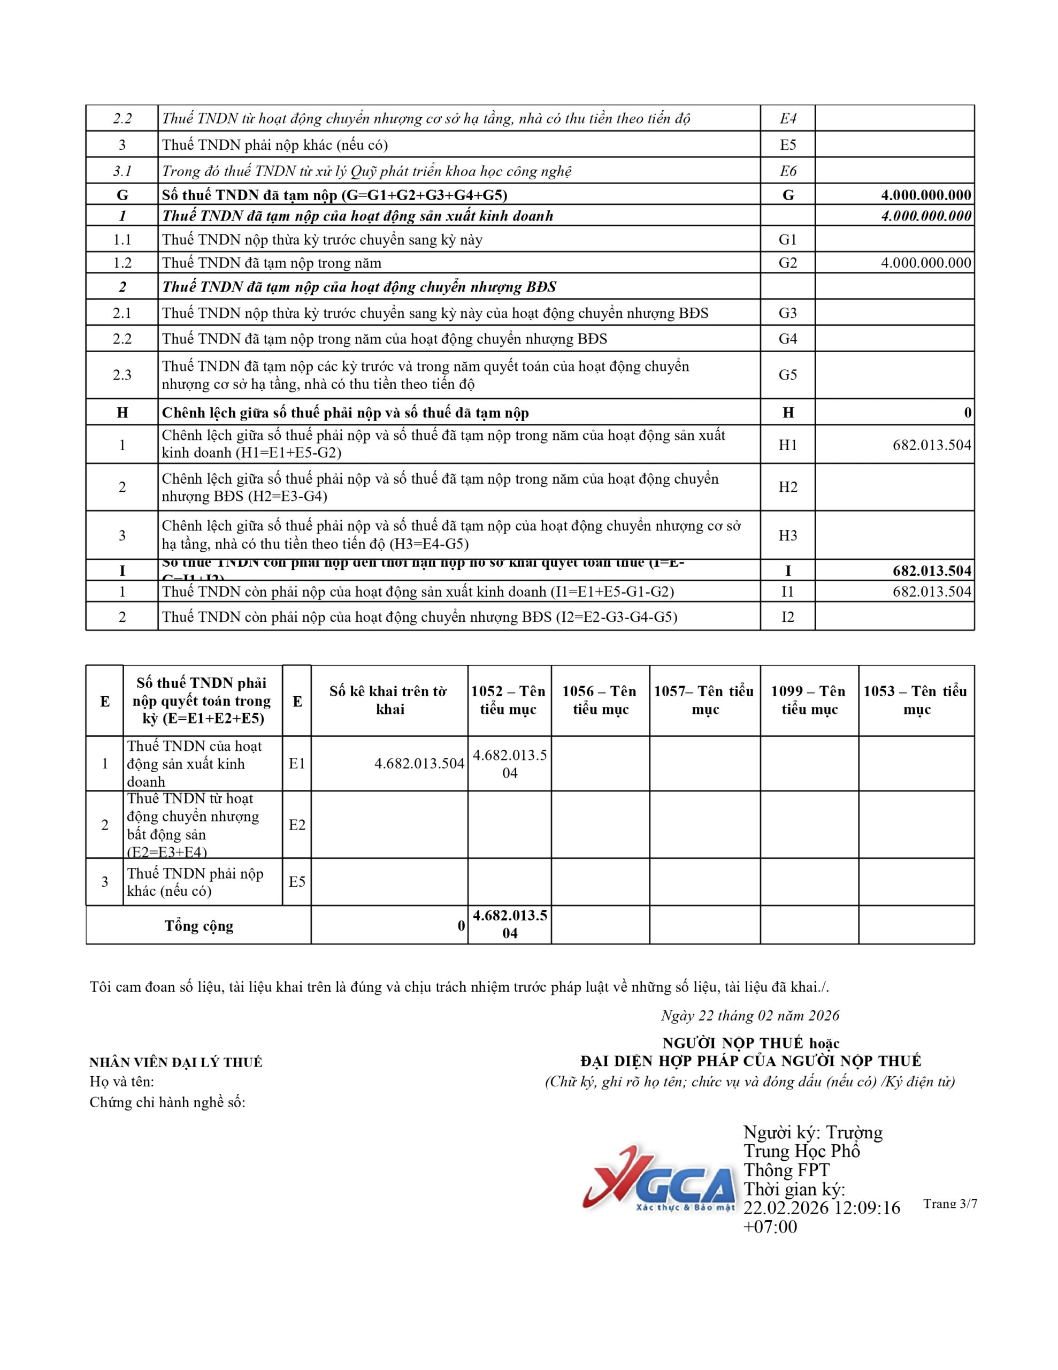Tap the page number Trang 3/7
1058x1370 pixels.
[949, 1203]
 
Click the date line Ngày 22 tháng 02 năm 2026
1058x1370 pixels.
[749, 1015]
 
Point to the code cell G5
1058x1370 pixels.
[788, 375]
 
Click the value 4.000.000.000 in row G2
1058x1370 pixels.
[926, 263]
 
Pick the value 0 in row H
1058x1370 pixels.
[967, 413]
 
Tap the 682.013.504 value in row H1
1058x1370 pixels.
[932, 445]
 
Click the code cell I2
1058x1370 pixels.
[788, 616]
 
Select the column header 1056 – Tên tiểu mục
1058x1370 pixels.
[600, 700]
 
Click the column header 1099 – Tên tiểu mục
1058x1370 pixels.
[809, 700]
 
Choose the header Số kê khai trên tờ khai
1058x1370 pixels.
[389, 700]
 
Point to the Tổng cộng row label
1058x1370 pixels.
[199, 926]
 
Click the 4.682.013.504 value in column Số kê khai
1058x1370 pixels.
[419, 764]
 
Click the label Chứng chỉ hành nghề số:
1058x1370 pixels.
[167, 1102]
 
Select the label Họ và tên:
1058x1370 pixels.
[121, 1082]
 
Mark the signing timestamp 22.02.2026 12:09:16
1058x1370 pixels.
[822, 1207]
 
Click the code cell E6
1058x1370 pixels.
[788, 171]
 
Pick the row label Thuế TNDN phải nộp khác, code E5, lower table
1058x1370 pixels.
[196, 882]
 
